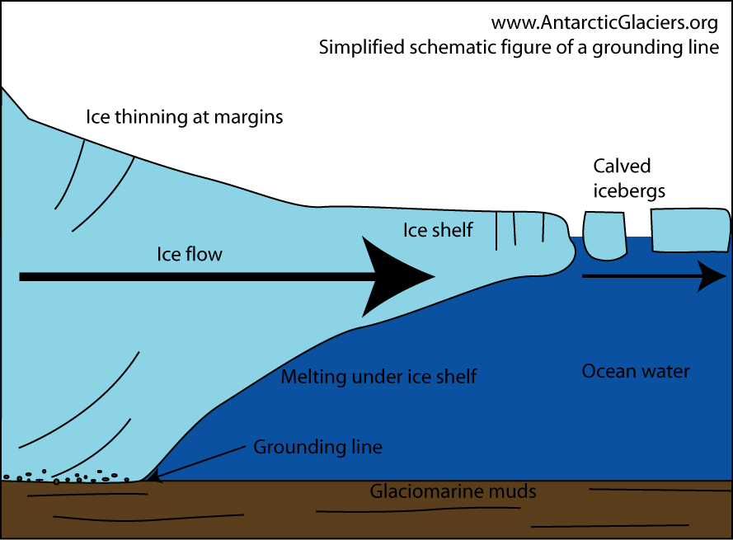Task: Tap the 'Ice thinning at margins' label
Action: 184,117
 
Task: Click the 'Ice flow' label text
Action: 190,255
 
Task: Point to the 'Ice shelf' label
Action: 438,230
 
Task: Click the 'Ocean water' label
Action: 636,371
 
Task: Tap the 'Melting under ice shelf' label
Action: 379,378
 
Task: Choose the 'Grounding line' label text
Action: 317,448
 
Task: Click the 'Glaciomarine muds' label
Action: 453,492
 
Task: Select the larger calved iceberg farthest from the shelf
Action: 689,229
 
